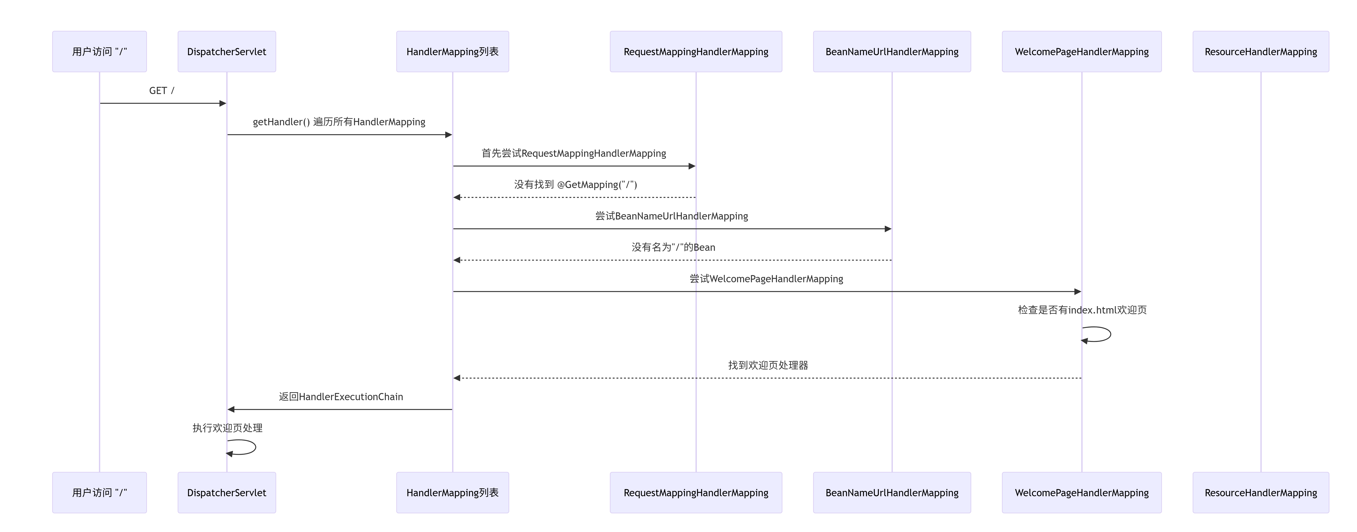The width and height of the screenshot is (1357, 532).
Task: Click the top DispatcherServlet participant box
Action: point(227,52)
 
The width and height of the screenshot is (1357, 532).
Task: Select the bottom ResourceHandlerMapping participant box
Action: point(1261,493)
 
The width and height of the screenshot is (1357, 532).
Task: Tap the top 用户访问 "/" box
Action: point(100,52)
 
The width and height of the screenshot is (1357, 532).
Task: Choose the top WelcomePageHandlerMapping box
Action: point(1082,52)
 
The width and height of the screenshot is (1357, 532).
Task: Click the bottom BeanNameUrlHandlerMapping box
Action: point(892,493)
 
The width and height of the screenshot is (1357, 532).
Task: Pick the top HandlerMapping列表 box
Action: point(453,52)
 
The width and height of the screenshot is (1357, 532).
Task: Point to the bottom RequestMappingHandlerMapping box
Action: point(696,493)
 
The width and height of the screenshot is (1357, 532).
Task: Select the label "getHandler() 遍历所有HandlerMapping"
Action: point(339,122)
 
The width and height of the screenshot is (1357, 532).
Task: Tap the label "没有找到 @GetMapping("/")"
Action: point(575,184)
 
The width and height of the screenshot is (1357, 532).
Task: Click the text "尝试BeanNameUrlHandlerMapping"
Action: point(672,216)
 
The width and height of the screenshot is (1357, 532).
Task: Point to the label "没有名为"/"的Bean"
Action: point(673,247)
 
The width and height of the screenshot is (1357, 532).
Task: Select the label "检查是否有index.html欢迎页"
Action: point(1082,310)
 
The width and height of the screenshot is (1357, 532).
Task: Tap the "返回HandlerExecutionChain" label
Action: point(341,397)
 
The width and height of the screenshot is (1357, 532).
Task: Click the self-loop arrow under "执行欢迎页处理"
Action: point(255,447)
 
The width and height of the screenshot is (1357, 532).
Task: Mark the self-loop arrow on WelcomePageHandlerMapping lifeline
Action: point(1110,334)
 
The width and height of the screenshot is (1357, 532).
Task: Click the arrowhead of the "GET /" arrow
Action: point(223,103)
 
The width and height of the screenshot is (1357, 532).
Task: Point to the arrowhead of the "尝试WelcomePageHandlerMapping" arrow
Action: point(1078,291)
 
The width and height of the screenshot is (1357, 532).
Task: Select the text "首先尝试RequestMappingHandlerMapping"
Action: point(574,153)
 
